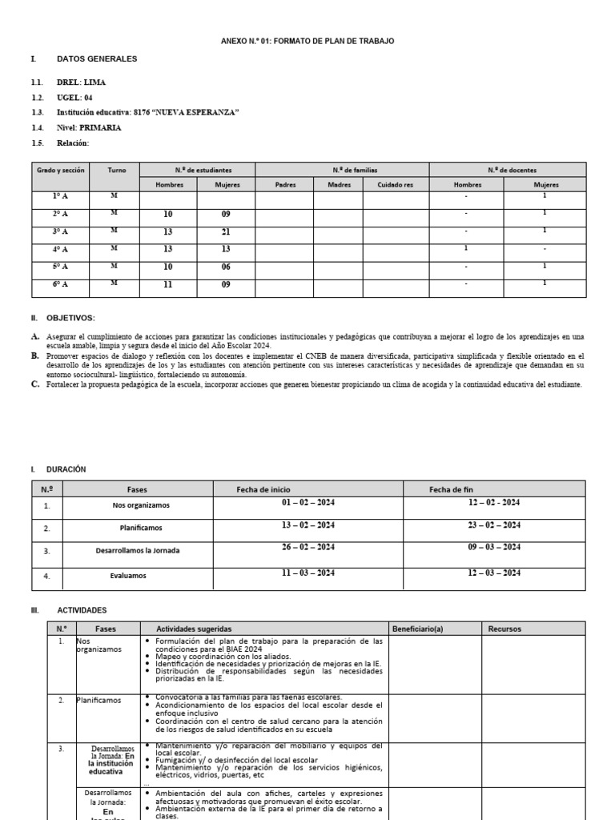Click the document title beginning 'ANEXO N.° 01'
coord(307,41)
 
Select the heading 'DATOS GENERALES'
coord(97,59)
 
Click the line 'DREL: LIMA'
coord(80,82)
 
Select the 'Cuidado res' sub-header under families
coord(396,184)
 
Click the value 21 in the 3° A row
coord(227,231)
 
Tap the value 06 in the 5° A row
coord(227,266)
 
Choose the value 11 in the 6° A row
coord(168,283)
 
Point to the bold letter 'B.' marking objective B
coord(35,355)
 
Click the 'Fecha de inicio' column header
coord(263,489)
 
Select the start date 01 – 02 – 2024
coord(307,503)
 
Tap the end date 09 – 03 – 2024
coord(494,547)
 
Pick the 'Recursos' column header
coord(504,629)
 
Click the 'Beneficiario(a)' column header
coord(417,629)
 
